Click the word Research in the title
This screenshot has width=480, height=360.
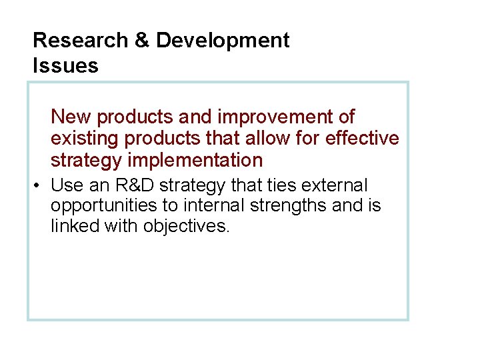click(x=81, y=41)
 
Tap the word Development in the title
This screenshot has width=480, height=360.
click(x=223, y=41)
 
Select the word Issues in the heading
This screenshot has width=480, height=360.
click(x=65, y=66)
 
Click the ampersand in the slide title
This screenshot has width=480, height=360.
click(x=142, y=41)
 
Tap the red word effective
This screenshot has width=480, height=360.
click(x=363, y=139)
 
